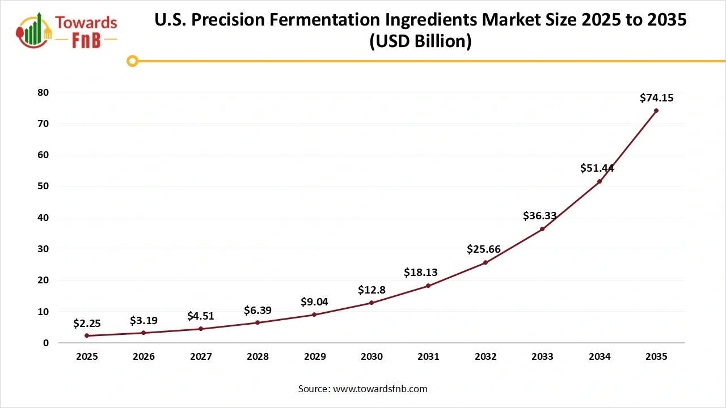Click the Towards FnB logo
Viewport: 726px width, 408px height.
pyautogui.click(x=67, y=30)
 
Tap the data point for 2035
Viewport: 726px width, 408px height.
pyautogui.click(x=656, y=110)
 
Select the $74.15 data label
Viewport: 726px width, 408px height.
pyautogui.click(x=656, y=98)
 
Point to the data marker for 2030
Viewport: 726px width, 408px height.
pyautogui.click(x=372, y=303)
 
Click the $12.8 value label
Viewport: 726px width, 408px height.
pyautogui.click(x=372, y=290)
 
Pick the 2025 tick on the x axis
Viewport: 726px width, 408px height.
pyautogui.click(x=87, y=357)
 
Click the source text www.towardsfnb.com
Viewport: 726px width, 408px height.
pyautogui.click(x=379, y=389)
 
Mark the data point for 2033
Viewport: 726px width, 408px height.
pyautogui.click(x=542, y=229)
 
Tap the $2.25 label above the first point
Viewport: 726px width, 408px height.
pyautogui.click(x=87, y=324)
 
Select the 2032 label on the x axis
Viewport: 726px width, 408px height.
pyautogui.click(x=486, y=357)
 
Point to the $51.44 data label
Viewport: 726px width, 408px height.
pyautogui.click(x=597, y=168)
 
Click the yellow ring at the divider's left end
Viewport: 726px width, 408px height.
pyautogui.click(x=133, y=61)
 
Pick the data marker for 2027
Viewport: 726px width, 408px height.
pyautogui.click(x=201, y=329)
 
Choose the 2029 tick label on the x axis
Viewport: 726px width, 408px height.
pyautogui.click(x=315, y=357)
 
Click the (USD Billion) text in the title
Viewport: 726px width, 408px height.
pyautogui.click(x=420, y=42)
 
